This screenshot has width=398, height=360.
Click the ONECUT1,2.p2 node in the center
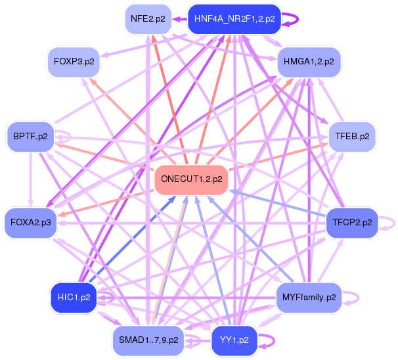191,179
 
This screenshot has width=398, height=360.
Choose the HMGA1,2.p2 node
309,62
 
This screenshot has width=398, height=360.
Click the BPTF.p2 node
30,137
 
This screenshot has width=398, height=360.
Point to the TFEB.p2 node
352,137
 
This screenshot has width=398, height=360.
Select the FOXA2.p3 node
30,223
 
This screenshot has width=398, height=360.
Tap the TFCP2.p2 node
352,223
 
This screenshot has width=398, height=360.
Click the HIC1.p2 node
74,297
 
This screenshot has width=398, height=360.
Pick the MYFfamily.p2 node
309,298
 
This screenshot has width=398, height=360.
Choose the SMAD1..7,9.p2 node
149,340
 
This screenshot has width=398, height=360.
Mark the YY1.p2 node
234,340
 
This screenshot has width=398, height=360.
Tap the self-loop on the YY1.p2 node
268,340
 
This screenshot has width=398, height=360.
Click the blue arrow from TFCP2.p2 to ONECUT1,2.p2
276,202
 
